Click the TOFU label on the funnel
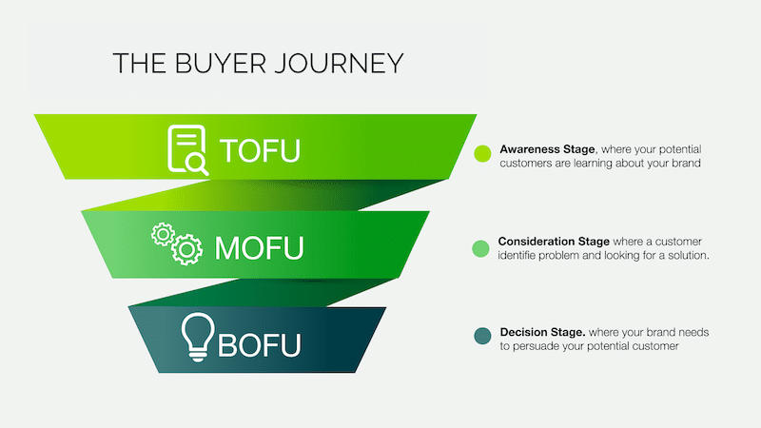pos(260,150)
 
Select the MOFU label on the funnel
pos(260,246)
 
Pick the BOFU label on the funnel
pos(260,343)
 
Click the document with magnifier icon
pos(187,149)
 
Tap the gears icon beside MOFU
pos(177,243)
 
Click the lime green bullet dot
pos(481,154)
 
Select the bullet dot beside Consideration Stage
pos(481,249)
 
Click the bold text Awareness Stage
pos(547,149)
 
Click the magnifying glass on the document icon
pos(198,164)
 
